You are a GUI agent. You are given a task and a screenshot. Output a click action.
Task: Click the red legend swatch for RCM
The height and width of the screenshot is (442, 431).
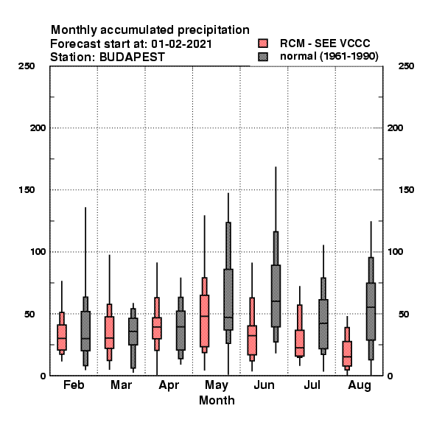pyautogui.click(x=263, y=43)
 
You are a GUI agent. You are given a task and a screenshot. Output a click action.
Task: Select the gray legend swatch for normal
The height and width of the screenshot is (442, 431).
pyautogui.click(x=263, y=57)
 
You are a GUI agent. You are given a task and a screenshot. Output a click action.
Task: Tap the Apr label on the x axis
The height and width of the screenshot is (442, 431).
pyautogui.click(x=169, y=385)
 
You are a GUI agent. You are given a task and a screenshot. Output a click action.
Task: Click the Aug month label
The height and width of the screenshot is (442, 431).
pyautogui.click(x=360, y=385)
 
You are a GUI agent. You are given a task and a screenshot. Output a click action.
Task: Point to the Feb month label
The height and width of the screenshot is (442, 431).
pyautogui.click(x=74, y=385)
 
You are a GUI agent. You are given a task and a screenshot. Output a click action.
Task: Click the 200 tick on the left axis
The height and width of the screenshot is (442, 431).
pyautogui.click(x=38, y=128)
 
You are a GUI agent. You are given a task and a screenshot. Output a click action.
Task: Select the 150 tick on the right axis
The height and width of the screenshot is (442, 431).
pyautogui.click(x=406, y=190)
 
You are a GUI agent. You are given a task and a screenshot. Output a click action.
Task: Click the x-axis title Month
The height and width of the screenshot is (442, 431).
pyautogui.click(x=217, y=400)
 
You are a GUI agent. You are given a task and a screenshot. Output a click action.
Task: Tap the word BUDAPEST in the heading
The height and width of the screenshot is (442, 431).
pyautogui.click(x=132, y=57)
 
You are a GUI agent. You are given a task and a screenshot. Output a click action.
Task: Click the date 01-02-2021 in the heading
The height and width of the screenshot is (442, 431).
pyautogui.click(x=181, y=43)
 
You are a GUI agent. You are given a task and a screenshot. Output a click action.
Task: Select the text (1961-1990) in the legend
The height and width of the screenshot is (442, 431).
pyautogui.click(x=348, y=57)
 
